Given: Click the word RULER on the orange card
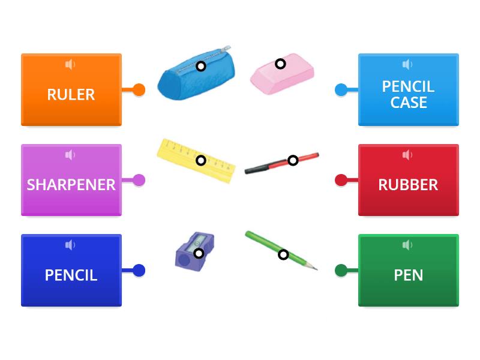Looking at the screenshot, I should [x=71, y=94].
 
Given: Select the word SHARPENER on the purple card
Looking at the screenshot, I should [x=71, y=184].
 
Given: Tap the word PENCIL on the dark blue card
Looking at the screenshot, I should [x=71, y=275].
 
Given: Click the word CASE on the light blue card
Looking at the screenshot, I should [x=409, y=103].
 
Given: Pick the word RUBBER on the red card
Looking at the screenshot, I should [x=408, y=184].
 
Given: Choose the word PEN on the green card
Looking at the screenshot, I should [x=408, y=275].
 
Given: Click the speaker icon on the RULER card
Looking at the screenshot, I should [x=71, y=64].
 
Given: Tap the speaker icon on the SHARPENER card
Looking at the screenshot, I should [x=71, y=155].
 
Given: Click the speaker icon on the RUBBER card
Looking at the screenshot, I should [x=408, y=155].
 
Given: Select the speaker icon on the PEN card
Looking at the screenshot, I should [x=408, y=245].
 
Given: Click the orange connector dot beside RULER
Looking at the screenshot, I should [x=139, y=90].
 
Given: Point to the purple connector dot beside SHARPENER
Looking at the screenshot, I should [x=139, y=180].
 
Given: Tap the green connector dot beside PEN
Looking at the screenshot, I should [x=341, y=270].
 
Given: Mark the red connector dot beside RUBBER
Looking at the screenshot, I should [x=341, y=180].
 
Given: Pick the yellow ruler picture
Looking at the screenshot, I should [x=196, y=161].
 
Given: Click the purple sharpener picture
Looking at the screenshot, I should [x=194, y=251].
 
